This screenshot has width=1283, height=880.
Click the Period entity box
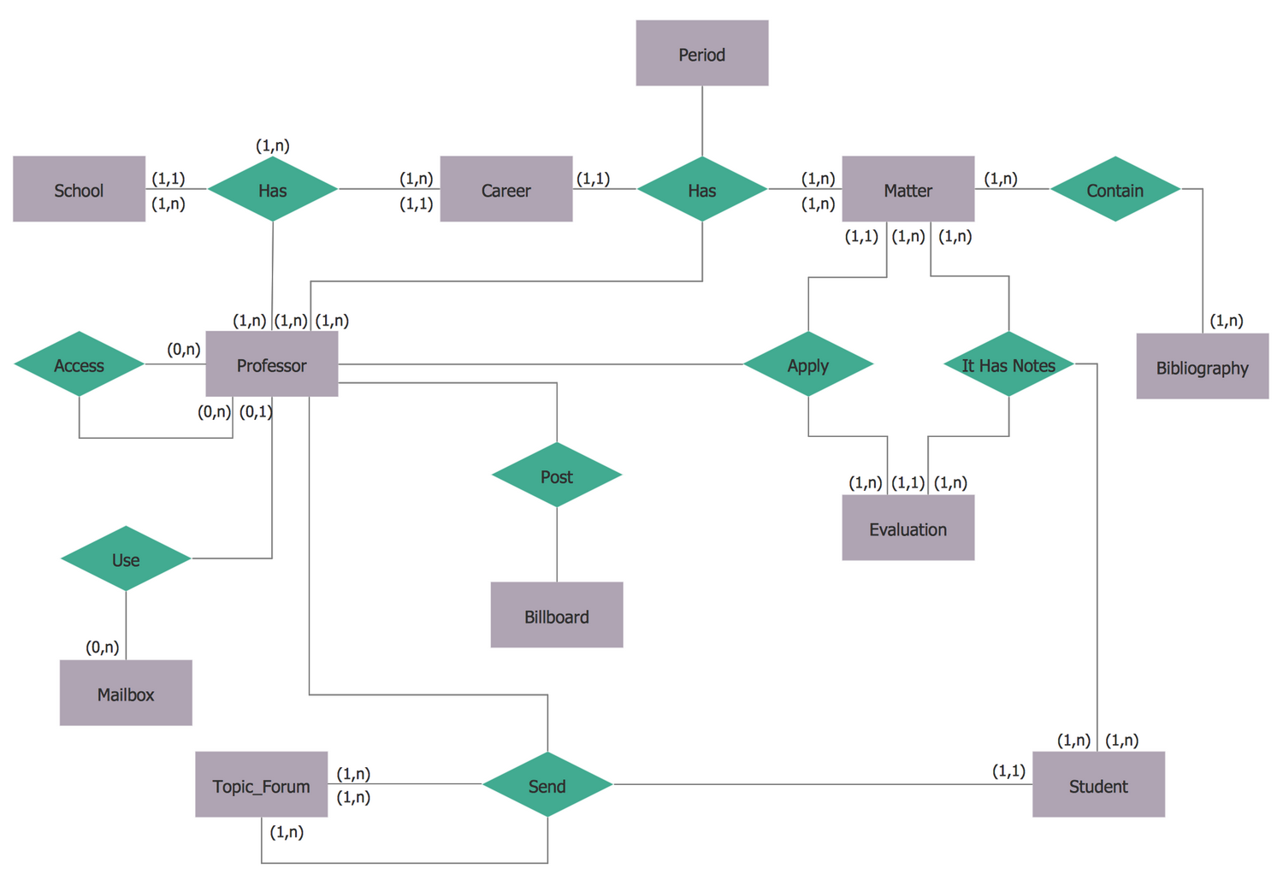[701, 53]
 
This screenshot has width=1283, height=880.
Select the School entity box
[79, 189]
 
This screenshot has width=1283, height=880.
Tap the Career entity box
[506, 189]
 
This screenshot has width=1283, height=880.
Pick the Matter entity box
[908, 189]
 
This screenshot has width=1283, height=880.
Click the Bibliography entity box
[1202, 367]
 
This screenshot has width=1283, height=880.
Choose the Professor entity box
[272, 364]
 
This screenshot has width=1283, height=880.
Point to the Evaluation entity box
[908, 529]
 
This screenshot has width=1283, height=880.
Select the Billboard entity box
[556, 616]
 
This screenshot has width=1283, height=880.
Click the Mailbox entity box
[126, 694]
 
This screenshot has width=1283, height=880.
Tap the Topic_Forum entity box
[261, 785]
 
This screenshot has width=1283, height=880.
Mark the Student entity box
[1098, 785]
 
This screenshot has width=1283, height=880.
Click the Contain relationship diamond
[1114, 189]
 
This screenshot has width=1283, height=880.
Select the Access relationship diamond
[79, 364]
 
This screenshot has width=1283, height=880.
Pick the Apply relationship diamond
[807, 364]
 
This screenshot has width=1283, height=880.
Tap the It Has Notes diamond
[1008, 364]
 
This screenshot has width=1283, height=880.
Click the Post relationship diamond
[556, 475]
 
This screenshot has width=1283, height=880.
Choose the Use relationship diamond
[126, 558]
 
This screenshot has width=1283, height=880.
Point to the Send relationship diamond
[547, 785]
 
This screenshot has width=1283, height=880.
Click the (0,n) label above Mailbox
[103, 647]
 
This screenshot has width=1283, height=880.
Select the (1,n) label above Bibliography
[1227, 321]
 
